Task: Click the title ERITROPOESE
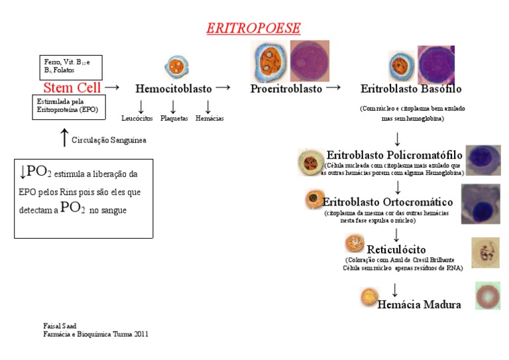tap(253, 28)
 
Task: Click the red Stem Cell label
tap(72, 88)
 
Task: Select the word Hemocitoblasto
tap(174, 88)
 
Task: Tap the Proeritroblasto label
tap(286, 88)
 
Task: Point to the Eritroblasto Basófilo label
tap(411, 88)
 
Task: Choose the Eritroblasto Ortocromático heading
tap(388, 202)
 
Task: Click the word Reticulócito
tap(396, 249)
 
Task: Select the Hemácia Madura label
tap(419, 304)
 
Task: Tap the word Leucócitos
tap(139, 119)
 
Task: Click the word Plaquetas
tap(174, 119)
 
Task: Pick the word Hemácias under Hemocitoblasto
tap(209, 119)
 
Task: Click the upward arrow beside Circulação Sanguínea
tap(64, 138)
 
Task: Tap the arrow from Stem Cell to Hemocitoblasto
tap(113, 88)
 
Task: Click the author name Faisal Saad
tap(60, 326)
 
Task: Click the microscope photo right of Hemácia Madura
tap(488, 295)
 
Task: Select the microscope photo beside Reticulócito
tap(485, 253)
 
